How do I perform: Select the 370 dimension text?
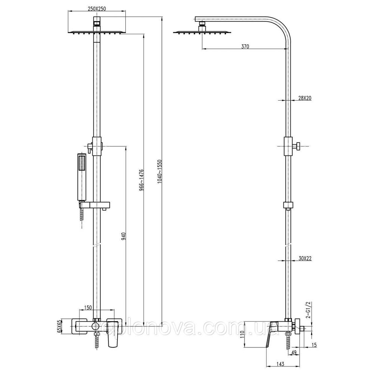[x=245, y=46]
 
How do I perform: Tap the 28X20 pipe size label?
[x=305, y=98]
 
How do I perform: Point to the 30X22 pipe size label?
[x=305, y=258]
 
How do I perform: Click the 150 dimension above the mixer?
[x=88, y=307]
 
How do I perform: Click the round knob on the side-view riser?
[x=298, y=147]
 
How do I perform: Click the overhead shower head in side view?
[x=202, y=32]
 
